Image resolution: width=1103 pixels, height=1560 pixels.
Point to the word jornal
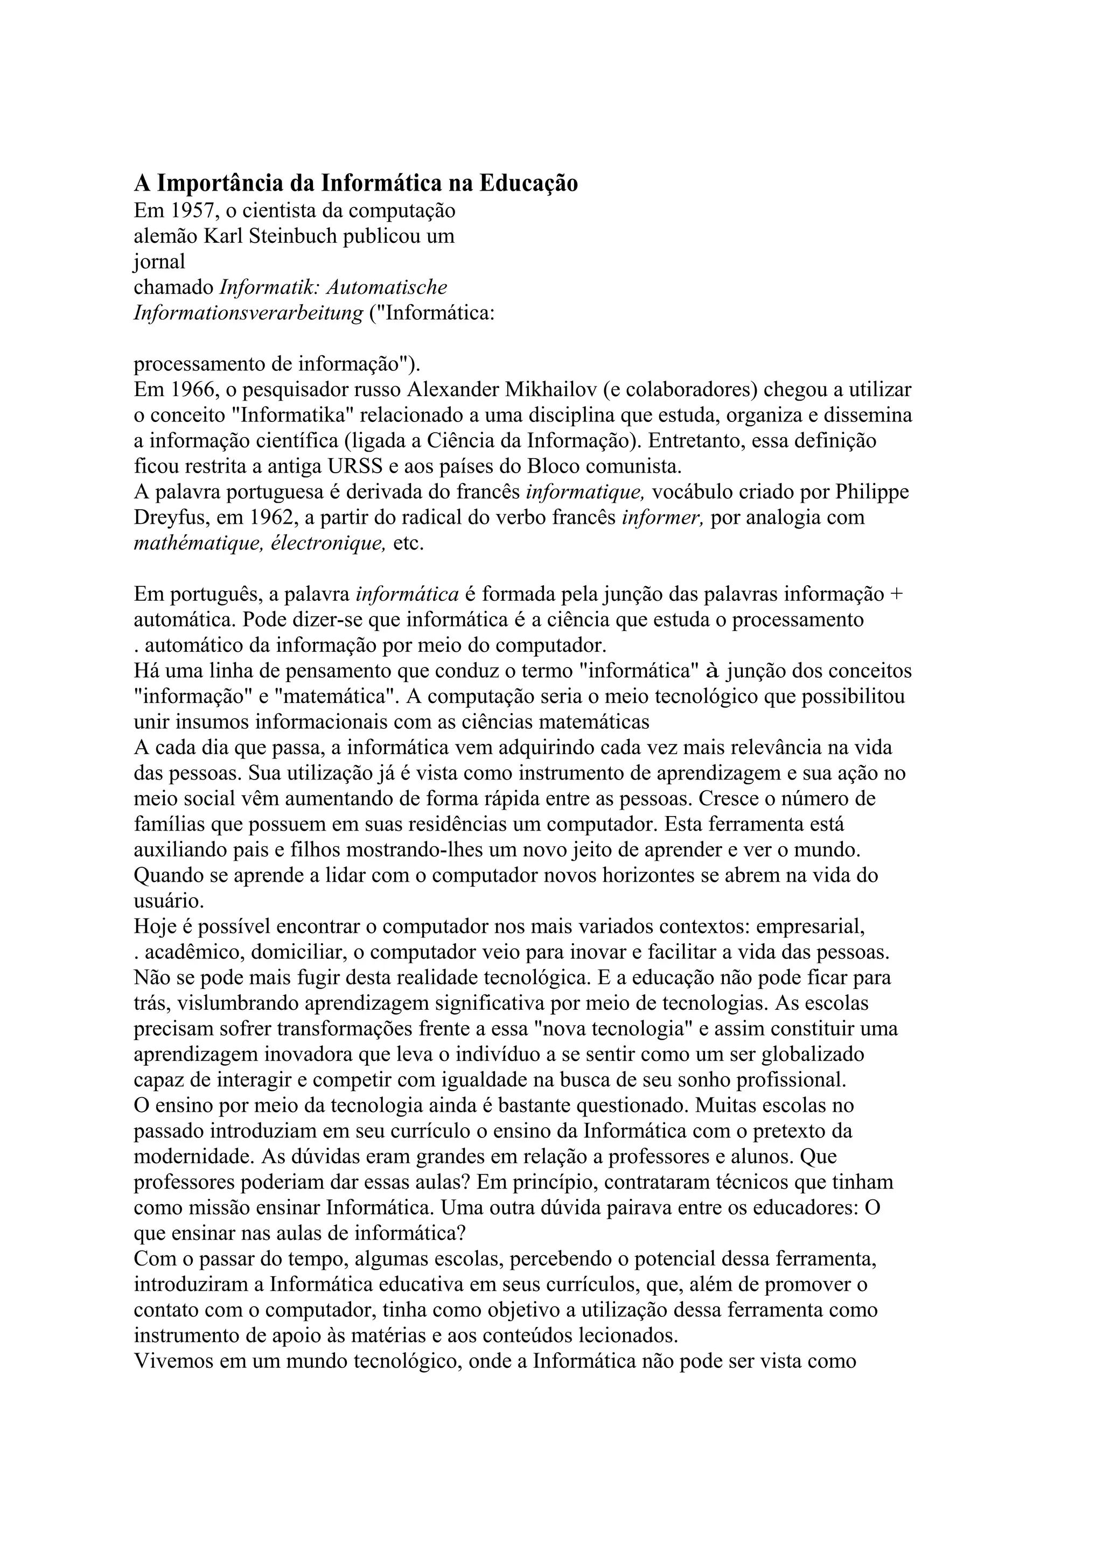point(159,262)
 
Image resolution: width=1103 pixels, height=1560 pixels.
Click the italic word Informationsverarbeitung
point(248,314)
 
